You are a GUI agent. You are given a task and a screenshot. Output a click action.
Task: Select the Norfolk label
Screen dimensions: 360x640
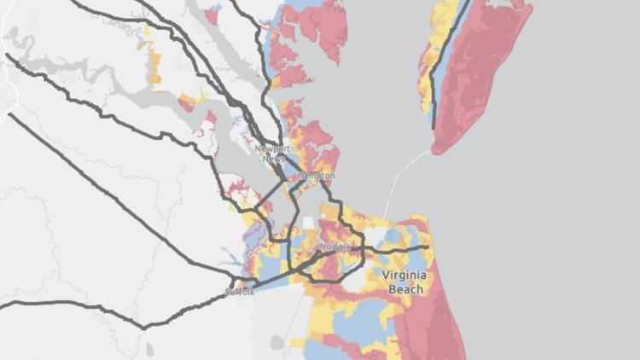(x=335, y=247)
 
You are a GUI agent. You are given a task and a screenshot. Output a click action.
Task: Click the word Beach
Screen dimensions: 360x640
(x=404, y=289)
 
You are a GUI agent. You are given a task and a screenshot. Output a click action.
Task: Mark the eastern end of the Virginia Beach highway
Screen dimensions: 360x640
(x=427, y=247)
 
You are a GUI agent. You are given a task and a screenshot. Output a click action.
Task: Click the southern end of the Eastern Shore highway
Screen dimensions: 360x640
(x=434, y=128)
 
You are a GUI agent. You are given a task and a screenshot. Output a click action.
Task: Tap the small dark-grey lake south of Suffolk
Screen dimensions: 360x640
(x=276, y=342)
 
